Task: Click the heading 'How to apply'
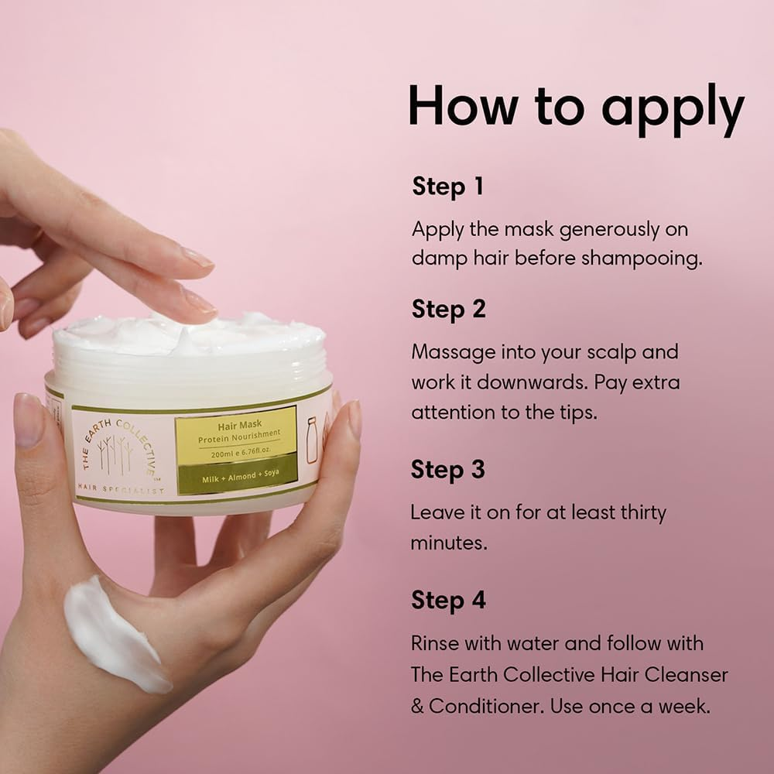click(x=576, y=108)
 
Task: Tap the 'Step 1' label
click(x=448, y=187)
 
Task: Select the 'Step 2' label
click(x=449, y=309)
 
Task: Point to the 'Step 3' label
click(x=449, y=470)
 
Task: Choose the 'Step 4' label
click(x=449, y=601)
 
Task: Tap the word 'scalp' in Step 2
click(x=602, y=352)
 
